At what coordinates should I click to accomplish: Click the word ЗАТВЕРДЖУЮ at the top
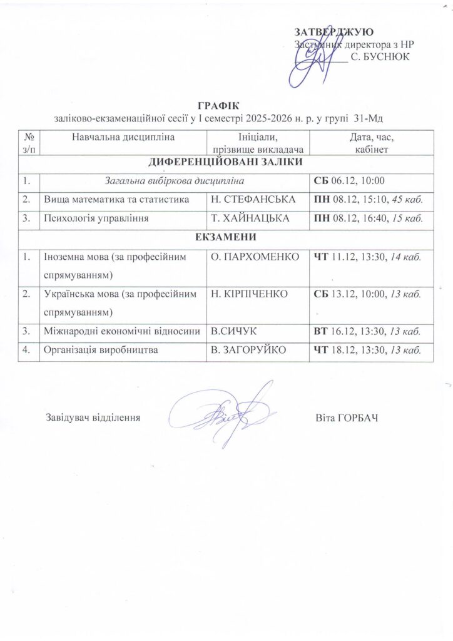click(334, 32)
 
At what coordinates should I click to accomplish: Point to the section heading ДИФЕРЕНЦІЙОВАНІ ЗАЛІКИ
click(225, 162)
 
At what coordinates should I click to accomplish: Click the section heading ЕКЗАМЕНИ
click(225, 238)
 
